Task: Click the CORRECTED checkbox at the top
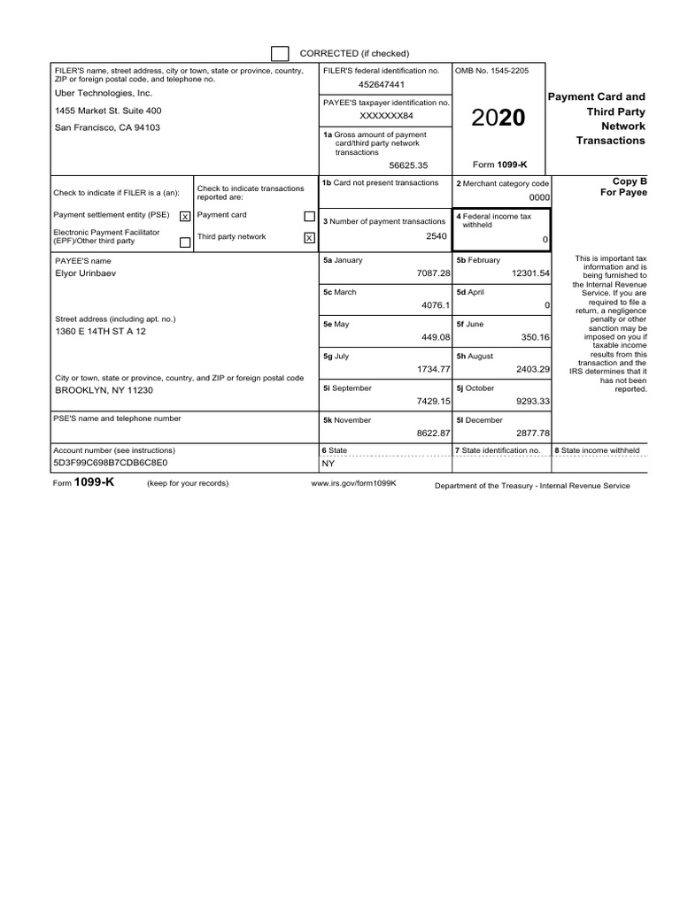click(x=280, y=53)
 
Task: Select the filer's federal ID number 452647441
click(x=382, y=85)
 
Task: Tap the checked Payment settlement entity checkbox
click(x=184, y=216)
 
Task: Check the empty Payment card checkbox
click(x=309, y=216)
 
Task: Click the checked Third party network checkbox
click(x=309, y=237)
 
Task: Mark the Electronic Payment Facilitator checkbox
click(x=184, y=242)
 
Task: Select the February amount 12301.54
click(x=526, y=273)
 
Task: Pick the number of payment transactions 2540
click(x=437, y=237)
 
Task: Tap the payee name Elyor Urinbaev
click(x=85, y=273)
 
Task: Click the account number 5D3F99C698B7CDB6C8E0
click(x=111, y=463)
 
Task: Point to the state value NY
click(x=328, y=463)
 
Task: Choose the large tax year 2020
click(x=498, y=119)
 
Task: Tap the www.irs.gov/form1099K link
click(x=353, y=484)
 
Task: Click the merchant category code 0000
click(x=539, y=198)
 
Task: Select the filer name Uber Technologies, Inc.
click(x=104, y=93)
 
